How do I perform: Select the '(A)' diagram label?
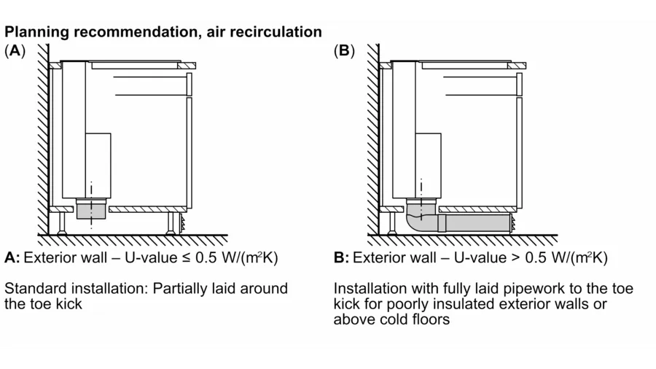click(15, 51)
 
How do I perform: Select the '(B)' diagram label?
click(343, 51)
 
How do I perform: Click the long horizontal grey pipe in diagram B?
click(477, 223)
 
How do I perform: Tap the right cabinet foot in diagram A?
click(171, 222)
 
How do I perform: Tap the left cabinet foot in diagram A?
click(61, 222)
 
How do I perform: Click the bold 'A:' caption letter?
click(12, 258)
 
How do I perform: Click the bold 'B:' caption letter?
click(342, 258)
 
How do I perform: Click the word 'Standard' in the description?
click(34, 289)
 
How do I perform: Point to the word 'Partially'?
click(181, 289)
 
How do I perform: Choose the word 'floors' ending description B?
click(430, 319)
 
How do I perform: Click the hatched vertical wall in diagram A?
click(42, 139)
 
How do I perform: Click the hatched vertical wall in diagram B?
click(372, 139)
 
